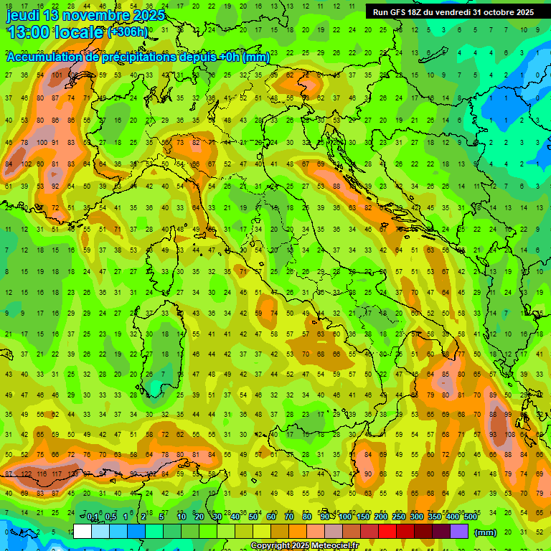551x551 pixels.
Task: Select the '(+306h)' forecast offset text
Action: (128, 32)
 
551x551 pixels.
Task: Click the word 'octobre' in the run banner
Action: (499, 12)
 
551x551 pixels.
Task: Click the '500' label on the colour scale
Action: (470, 517)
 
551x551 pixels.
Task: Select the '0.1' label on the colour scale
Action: (93, 517)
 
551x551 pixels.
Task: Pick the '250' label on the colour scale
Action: (398, 517)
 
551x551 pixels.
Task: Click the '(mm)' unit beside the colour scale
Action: (485, 532)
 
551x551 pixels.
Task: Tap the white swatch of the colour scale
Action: (83, 532)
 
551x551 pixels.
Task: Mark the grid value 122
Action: (27, 475)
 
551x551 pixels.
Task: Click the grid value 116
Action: (42, 475)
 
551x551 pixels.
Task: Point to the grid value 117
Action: (58, 475)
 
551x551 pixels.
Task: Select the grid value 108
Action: (508, 434)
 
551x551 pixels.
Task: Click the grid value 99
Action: (508, 415)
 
